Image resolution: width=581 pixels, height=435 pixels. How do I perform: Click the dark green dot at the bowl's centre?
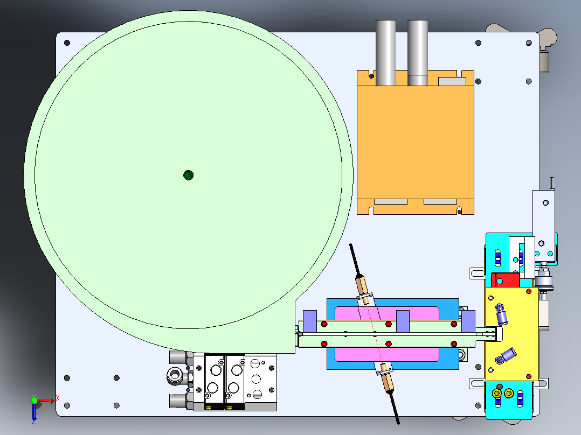click(x=188, y=175)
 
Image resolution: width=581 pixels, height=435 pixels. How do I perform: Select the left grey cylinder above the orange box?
click(x=386, y=53)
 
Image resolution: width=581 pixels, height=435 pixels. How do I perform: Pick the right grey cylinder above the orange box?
click(x=418, y=53)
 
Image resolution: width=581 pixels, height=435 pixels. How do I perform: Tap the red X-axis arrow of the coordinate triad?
click(x=46, y=401)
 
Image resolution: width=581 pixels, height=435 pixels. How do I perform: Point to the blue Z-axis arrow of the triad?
click(x=34, y=412)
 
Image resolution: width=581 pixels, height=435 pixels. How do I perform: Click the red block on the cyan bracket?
click(x=506, y=280)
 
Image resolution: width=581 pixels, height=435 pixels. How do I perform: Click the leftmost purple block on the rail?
click(x=310, y=321)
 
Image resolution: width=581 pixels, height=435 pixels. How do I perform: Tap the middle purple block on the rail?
click(x=403, y=321)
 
